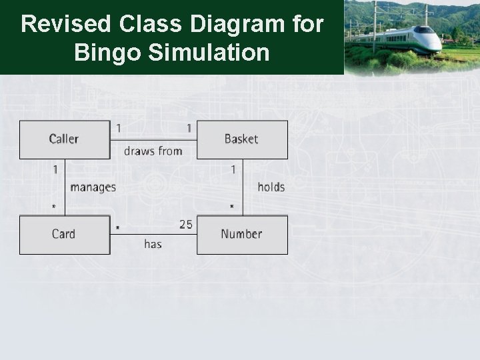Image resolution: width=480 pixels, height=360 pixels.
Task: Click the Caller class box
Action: click(64, 139)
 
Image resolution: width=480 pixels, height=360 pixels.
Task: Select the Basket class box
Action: click(242, 139)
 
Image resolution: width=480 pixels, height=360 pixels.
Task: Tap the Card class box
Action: click(64, 234)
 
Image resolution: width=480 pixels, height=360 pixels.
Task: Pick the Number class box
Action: click(242, 234)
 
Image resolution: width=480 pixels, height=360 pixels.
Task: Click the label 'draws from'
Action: click(153, 151)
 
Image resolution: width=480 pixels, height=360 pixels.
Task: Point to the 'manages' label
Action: click(93, 187)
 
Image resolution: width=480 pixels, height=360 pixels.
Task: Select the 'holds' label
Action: click(271, 187)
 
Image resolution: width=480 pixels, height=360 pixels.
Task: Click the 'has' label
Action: click(153, 245)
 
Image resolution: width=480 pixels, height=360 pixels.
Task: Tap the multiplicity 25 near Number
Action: click(185, 225)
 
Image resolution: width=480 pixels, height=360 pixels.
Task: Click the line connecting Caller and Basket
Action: click(153, 140)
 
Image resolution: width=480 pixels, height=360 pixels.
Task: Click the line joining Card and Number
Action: click(153, 234)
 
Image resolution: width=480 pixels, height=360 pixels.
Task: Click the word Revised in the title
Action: click(65, 25)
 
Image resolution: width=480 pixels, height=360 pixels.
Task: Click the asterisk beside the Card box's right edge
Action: click(117, 228)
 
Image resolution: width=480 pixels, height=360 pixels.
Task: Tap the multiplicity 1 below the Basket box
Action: click(233, 170)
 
